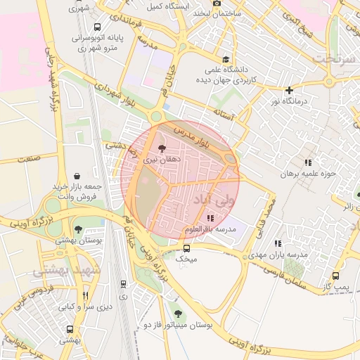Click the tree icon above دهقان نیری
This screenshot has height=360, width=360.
[x=163, y=148]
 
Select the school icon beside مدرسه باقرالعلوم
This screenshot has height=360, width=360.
[x=211, y=218]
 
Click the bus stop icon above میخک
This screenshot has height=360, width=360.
[x=186, y=248]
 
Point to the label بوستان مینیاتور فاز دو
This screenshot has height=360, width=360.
[x=178, y=326]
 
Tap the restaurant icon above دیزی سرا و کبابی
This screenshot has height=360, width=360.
[x=86, y=295]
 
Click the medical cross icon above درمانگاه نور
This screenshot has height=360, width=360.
[x=289, y=91]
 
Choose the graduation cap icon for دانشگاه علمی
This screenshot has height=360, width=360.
[x=225, y=60]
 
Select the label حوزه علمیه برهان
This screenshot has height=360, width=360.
[x=310, y=173]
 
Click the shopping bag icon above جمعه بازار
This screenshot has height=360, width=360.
[x=77, y=175]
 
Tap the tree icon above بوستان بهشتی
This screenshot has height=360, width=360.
[x=78, y=229]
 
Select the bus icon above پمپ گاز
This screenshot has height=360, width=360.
[x=335, y=276]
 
